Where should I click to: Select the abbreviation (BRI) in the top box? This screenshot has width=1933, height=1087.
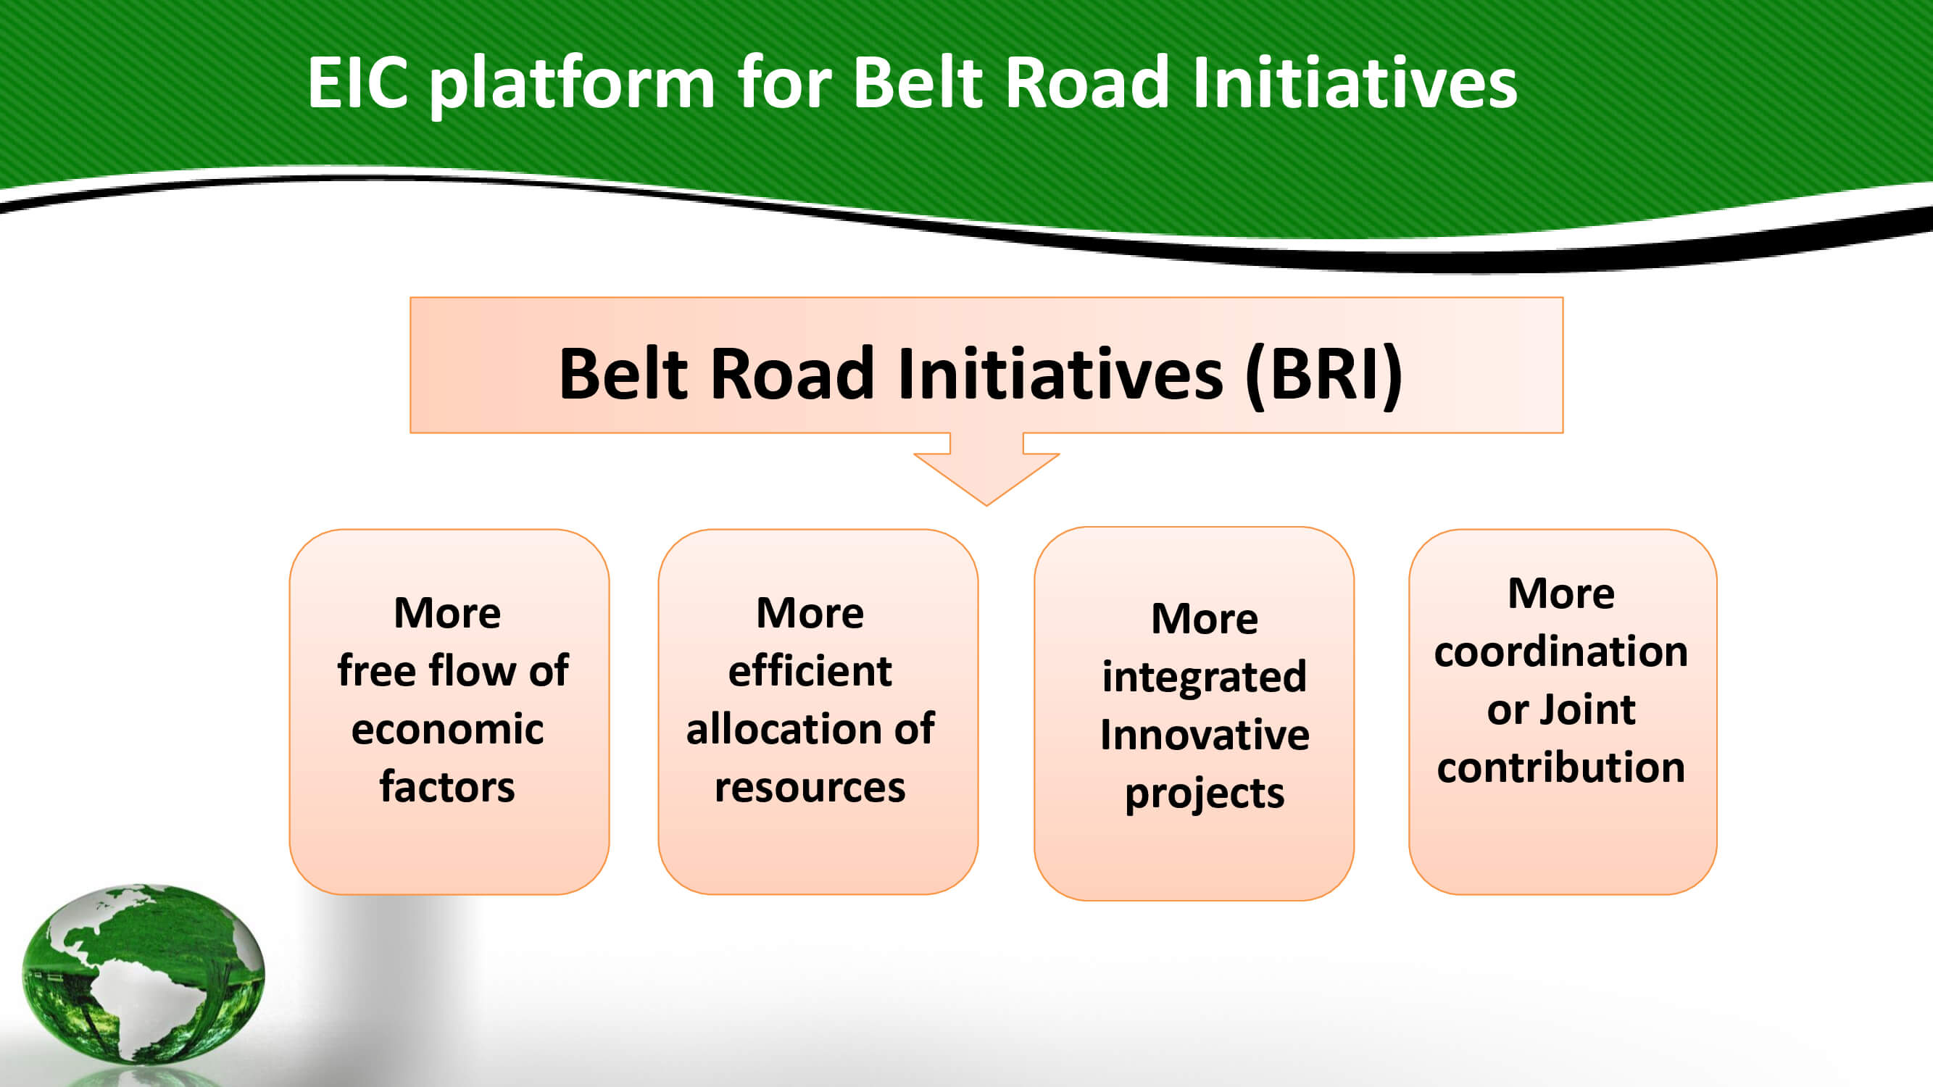click(1323, 375)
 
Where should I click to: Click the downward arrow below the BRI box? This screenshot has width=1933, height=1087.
click(986, 469)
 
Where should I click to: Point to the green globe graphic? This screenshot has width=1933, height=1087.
click(143, 973)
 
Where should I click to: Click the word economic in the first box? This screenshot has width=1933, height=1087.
click(447, 729)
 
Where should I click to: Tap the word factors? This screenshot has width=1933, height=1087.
click(447, 786)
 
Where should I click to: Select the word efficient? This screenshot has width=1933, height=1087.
click(810, 670)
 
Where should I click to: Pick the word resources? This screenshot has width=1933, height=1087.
click(810, 788)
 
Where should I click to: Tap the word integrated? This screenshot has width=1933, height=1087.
click(1205, 678)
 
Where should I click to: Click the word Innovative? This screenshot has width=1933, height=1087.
click(1205, 734)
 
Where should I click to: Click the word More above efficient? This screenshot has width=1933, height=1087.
click(810, 613)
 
